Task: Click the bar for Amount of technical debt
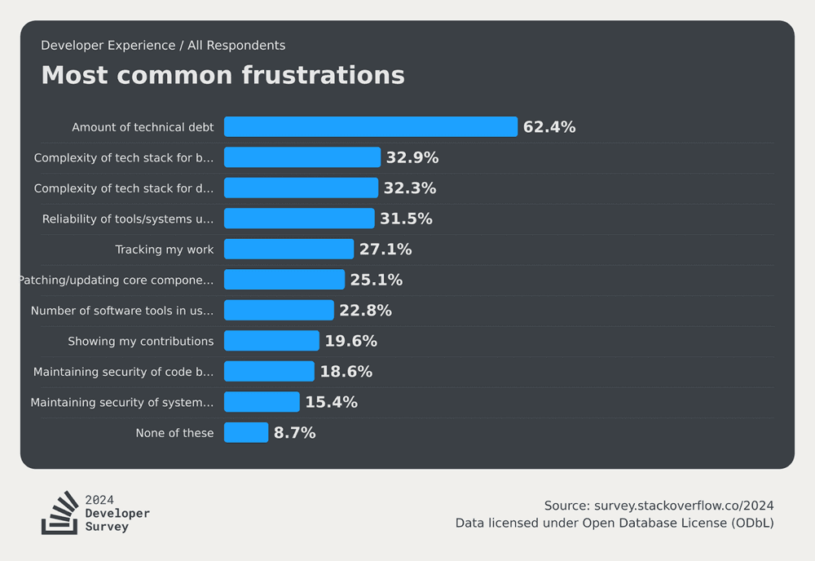point(371,127)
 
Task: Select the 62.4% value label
point(549,127)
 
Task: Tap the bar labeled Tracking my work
point(289,250)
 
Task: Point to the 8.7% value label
point(294,433)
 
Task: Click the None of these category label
point(174,433)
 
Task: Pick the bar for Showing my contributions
point(271,341)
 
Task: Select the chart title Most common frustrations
point(222,75)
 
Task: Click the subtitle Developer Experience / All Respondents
point(163,46)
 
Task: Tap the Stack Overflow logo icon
point(59,513)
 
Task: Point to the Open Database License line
point(615,523)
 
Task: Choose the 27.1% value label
point(385,250)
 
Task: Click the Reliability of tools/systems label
point(128,219)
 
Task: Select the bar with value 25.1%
point(284,280)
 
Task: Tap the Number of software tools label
point(122,311)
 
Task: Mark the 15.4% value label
point(331,402)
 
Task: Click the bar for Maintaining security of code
point(269,372)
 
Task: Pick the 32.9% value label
point(412,157)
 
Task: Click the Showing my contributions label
point(140,341)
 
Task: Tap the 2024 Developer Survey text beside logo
point(117,513)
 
